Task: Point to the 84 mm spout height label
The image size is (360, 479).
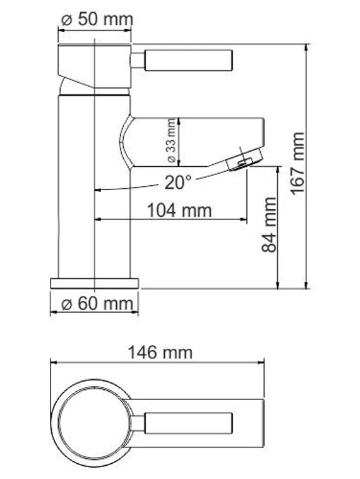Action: (270, 225)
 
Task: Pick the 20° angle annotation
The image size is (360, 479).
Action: (178, 183)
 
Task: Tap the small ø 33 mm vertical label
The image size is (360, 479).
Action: (171, 142)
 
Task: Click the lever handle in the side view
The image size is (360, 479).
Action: (189, 61)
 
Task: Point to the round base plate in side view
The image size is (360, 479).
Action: (94, 282)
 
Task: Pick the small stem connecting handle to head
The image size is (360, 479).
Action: (138, 61)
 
